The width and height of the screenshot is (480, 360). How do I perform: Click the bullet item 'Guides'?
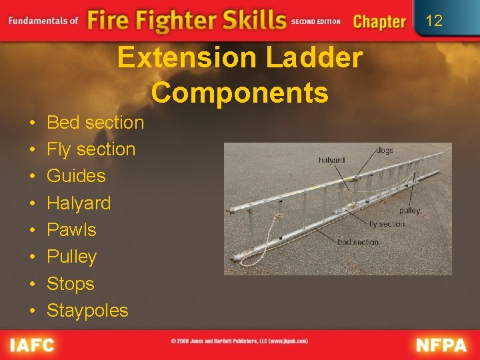(x=76, y=176)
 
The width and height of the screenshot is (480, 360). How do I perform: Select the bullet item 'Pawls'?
(x=71, y=230)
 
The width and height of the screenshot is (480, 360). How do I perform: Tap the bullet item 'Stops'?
(x=70, y=283)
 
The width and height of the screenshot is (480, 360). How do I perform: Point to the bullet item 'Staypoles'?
(x=87, y=310)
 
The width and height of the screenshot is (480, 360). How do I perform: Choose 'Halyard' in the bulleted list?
(x=79, y=203)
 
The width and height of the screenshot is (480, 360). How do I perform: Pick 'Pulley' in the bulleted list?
(x=71, y=257)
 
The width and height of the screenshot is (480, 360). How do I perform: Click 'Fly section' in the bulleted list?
(x=91, y=149)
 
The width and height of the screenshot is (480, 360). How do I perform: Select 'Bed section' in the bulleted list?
(x=95, y=123)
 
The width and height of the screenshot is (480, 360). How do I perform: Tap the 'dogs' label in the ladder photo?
(x=385, y=150)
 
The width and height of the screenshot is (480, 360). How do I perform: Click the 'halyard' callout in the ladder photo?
(x=331, y=160)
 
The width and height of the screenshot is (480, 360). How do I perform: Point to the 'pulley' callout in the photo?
(x=409, y=210)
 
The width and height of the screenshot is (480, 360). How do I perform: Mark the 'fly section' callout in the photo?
(x=387, y=224)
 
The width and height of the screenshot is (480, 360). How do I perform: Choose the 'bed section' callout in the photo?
(x=358, y=242)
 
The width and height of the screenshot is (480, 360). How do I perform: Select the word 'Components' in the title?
(x=240, y=93)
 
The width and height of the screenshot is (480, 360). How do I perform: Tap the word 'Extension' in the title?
(x=187, y=58)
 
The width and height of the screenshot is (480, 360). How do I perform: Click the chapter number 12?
(x=434, y=21)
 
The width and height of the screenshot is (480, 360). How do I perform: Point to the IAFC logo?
(x=32, y=345)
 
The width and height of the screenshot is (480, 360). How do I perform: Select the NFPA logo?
(x=440, y=345)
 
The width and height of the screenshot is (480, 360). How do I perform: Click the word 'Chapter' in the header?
(x=379, y=21)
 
